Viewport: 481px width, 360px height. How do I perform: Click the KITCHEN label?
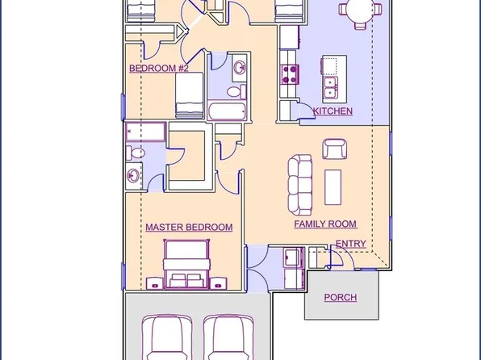(333, 111)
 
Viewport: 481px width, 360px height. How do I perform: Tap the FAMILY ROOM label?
(325, 224)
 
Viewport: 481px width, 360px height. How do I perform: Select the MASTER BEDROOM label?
(189, 227)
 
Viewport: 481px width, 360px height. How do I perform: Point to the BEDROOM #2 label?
(159, 68)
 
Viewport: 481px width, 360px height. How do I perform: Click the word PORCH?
(341, 297)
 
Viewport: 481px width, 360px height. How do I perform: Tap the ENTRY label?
(350, 244)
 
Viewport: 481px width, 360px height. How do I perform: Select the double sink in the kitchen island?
(330, 88)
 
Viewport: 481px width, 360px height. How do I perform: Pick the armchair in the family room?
(335, 149)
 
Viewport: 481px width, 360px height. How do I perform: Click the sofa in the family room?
(300, 185)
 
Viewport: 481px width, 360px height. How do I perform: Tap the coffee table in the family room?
(333, 187)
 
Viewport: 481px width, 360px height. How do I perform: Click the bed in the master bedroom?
(186, 265)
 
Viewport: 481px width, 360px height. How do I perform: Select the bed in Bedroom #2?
(190, 95)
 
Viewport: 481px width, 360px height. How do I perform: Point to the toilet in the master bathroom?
(135, 153)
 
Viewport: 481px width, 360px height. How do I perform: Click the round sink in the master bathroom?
(133, 176)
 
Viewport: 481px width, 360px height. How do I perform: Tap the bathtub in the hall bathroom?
(227, 111)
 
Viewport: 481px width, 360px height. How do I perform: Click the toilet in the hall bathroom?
(236, 91)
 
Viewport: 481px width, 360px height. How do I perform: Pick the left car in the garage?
(167, 337)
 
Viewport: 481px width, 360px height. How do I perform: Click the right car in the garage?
(228, 337)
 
